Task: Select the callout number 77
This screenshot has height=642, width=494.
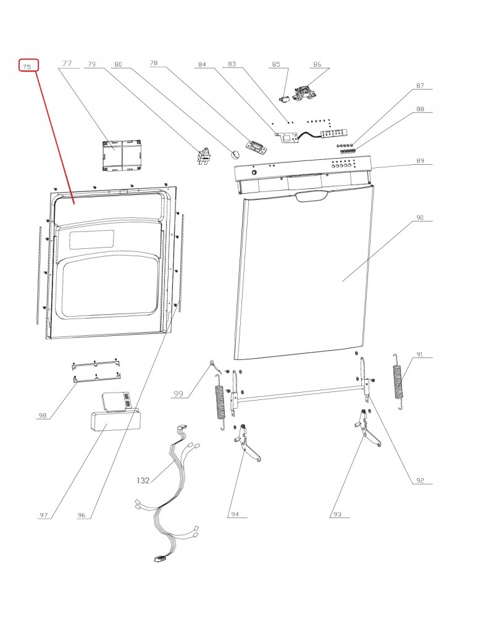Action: (x=67, y=64)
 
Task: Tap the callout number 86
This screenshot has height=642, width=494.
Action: (x=317, y=64)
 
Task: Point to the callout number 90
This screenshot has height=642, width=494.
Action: (x=419, y=218)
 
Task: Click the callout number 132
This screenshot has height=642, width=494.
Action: (x=143, y=479)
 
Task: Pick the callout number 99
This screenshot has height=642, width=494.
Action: (x=178, y=394)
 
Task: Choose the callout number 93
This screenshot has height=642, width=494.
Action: (x=337, y=514)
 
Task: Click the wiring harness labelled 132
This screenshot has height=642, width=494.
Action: (x=170, y=494)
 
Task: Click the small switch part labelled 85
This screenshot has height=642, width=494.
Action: (x=285, y=99)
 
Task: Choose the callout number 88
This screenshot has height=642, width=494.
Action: (x=421, y=109)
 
